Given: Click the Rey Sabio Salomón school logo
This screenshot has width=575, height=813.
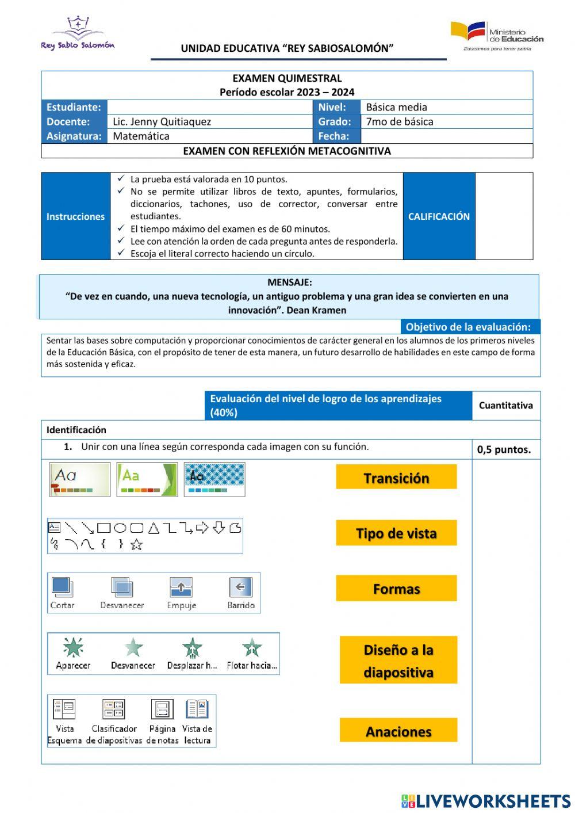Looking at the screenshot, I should point(78,33).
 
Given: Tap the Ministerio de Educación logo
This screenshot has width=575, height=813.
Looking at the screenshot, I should point(497,36).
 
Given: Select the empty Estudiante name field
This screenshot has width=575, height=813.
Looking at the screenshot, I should point(209,107).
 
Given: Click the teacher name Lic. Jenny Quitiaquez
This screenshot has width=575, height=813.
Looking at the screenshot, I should point(162,121).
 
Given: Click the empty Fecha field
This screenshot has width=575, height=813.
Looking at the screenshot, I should point(446,136).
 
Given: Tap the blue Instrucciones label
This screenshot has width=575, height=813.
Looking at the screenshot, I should point(75,216).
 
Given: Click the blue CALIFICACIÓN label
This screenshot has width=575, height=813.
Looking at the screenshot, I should point(439,216).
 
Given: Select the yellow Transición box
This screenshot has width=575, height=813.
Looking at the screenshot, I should point(396,478).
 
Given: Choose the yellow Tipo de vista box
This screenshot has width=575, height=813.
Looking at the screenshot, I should point(396,533).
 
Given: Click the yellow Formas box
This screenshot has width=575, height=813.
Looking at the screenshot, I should point(396,589).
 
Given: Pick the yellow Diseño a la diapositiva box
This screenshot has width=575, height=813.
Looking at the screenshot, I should point(398,661).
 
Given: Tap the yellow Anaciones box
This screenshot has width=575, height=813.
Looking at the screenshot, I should point(398,731).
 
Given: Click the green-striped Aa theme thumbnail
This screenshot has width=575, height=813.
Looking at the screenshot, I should point(147,479).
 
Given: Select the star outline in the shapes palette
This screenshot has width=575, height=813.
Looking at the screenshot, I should point(136,544).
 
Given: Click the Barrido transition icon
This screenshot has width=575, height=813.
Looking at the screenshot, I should point(240,587).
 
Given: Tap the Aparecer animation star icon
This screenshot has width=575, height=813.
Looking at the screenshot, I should point(73,648).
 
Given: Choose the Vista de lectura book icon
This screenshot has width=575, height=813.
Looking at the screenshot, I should point(197,709).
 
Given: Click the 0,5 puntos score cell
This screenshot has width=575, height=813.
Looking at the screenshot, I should point(504,450).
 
